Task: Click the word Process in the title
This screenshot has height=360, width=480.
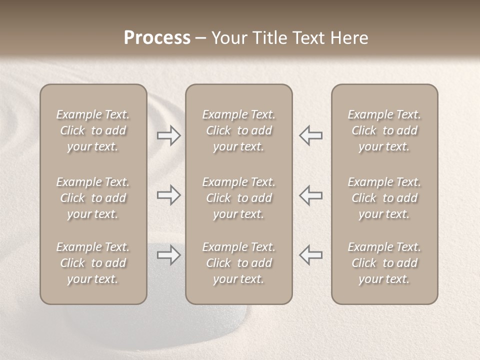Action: [157, 38]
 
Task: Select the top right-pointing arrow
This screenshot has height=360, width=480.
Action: [168, 135]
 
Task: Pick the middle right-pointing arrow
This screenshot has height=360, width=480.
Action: [168, 195]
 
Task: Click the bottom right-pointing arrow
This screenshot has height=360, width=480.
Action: [168, 255]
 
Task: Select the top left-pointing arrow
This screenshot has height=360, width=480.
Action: [311, 135]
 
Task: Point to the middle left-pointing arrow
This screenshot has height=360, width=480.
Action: [311, 195]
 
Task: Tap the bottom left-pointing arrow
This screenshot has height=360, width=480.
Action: [311, 255]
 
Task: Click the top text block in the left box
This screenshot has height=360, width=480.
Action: [93, 130]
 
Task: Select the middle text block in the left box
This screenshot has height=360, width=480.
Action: [93, 198]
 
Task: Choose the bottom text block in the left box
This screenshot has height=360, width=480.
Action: [93, 263]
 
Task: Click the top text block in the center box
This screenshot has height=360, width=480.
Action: [238, 130]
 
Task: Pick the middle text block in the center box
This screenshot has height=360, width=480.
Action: [238, 198]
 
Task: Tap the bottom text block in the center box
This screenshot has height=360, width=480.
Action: [238, 263]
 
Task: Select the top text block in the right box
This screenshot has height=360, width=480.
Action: [384, 130]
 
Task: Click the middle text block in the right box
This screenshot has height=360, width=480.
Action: [384, 198]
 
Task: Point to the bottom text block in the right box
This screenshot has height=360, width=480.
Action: [384, 263]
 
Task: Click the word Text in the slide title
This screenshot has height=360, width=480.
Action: [308, 38]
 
